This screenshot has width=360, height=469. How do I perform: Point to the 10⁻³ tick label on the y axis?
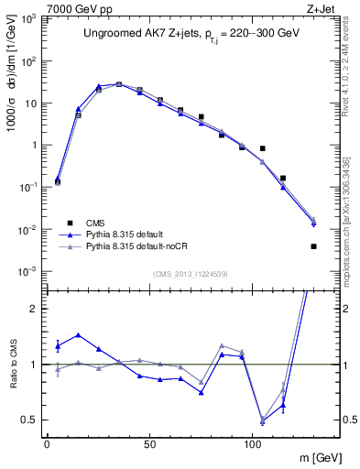27,271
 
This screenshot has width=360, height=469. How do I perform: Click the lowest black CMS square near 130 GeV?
313,245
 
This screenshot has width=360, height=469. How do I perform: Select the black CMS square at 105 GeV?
262,148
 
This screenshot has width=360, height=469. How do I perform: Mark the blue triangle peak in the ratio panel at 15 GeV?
78,335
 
